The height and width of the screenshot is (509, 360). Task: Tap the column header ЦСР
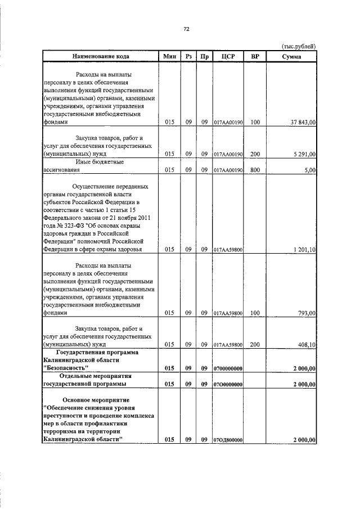228,56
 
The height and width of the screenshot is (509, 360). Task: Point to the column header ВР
255,56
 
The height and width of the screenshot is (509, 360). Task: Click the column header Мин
170,56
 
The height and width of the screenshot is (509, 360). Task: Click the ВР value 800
255,170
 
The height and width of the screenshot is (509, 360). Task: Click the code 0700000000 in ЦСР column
228,368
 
